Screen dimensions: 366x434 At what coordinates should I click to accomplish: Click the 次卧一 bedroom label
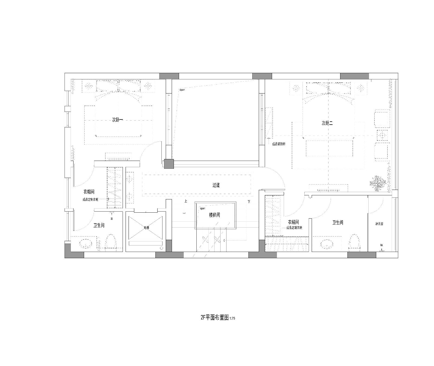point(117,119)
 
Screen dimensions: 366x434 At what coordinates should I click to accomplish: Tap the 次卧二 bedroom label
point(327,123)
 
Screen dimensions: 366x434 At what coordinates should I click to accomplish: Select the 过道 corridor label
point(216,185)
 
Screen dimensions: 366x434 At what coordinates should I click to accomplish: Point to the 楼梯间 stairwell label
point(214,215)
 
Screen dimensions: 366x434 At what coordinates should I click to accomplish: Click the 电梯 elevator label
point(146,228)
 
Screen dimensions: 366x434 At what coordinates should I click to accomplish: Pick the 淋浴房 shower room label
point(379,224)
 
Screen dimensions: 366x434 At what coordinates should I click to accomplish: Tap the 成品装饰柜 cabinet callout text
point(279,144)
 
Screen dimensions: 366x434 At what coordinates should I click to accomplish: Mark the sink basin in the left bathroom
point(86,244)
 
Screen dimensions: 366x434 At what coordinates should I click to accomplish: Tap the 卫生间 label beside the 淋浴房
point(338,223)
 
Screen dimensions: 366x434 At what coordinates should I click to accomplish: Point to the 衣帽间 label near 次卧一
point(89,192)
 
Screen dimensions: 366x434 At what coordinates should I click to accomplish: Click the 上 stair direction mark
point(186,201)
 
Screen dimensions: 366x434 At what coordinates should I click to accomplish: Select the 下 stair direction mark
point(249,202)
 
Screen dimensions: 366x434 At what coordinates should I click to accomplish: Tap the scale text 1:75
point(232,319)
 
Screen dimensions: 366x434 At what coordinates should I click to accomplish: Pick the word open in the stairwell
point(202,209)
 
